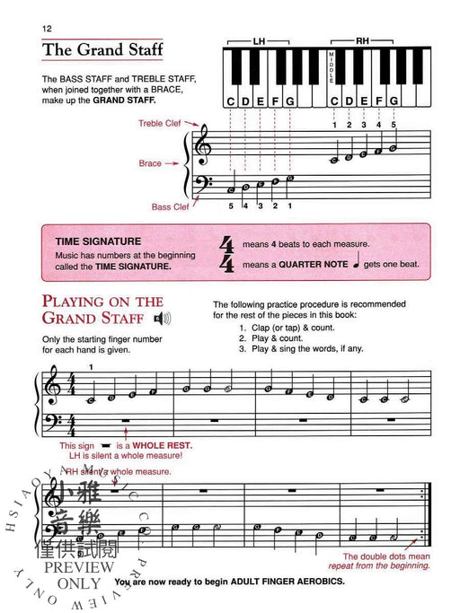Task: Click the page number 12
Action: [x=46, y=30]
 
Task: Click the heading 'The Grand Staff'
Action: [x=102, y=50]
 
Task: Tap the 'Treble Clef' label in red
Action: [x=159, y=123]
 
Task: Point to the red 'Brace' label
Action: [x=150, y=163]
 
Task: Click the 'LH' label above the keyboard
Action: [x=260, y=41]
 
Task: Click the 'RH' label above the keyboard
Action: [x=362, y=41]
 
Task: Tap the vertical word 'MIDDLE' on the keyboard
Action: [x=332, y=68]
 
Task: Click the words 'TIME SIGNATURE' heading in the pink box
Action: [x=98, y=241]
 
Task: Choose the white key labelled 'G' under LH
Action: [x=289, y=101]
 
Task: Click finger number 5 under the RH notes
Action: [x=394, y=124]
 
